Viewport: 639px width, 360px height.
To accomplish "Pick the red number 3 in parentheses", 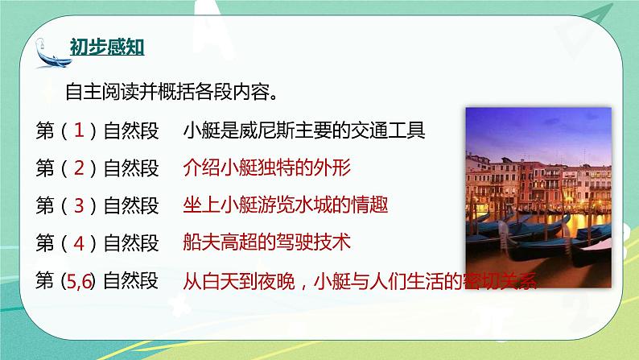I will click(79, 205).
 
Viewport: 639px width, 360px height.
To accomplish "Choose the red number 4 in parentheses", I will click(79, 243).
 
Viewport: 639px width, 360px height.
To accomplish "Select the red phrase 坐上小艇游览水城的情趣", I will click(286, 205).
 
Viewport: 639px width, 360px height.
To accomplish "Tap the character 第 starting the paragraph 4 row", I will click(46, 243).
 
